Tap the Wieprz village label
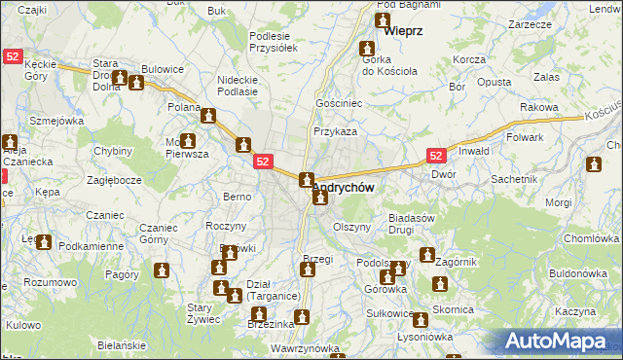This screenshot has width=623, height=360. pos(403,31)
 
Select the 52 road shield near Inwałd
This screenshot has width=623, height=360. pos(437,156)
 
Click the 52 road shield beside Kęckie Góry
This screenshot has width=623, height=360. pos(11,56)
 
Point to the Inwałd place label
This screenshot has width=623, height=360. pos(474,151)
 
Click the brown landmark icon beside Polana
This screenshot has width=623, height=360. pos(208,117)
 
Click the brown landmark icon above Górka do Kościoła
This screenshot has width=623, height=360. pos(370,48)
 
